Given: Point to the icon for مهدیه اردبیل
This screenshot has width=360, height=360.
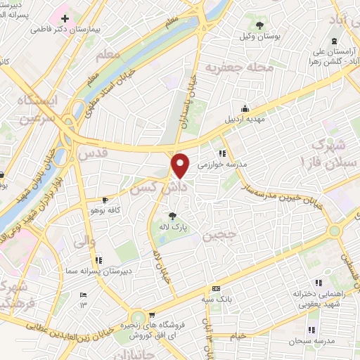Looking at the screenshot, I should pos(245,108).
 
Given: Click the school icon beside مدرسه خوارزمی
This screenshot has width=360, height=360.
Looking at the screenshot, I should pos(221,153).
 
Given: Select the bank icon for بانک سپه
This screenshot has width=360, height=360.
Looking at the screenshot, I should pos(216,288).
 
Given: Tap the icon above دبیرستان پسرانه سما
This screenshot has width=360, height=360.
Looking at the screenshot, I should pos(98,259).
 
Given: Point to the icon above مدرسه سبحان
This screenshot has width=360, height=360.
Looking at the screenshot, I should pos(311,330).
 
